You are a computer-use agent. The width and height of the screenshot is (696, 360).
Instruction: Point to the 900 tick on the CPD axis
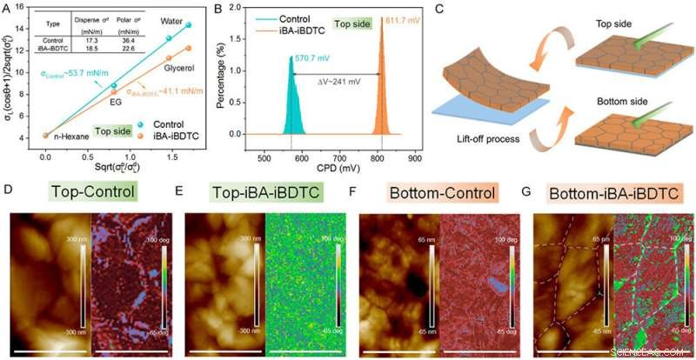point(414,159)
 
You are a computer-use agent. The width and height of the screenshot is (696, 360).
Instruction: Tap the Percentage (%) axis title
point(220,78)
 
